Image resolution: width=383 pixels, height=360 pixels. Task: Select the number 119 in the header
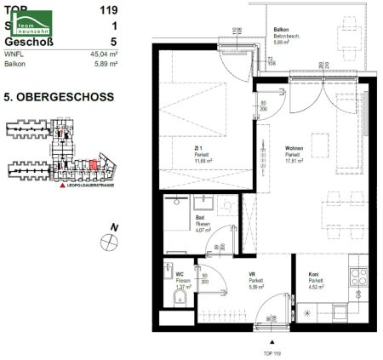[x=108, y=11]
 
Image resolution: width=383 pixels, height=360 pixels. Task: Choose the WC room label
[x=180, y=274]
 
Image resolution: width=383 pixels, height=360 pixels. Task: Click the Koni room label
[x=314, y=274]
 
